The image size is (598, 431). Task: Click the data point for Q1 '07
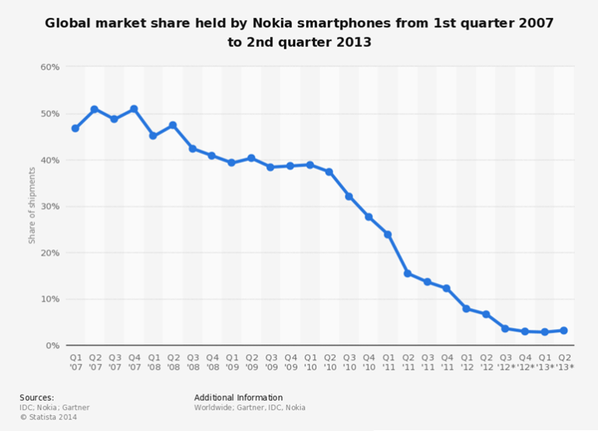click(76, 128)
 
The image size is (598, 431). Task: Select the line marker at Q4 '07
click(134, 109)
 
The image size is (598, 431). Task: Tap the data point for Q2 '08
click(173, 125)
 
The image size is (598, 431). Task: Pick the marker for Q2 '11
click(407, 273)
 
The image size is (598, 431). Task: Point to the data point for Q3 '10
click(349, 196)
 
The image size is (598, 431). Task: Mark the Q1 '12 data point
click(466, 309)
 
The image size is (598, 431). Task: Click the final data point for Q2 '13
click(564, 331)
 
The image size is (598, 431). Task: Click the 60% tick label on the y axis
click(50, 67)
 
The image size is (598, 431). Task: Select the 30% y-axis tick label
click(50, 206)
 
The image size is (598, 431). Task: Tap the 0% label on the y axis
click(52, 345)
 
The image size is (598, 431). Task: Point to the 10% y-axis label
click(50, 299)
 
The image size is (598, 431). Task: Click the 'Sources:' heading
click(37, 398)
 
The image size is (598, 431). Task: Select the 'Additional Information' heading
click(238, 398)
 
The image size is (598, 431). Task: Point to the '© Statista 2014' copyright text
click(48, 417)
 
